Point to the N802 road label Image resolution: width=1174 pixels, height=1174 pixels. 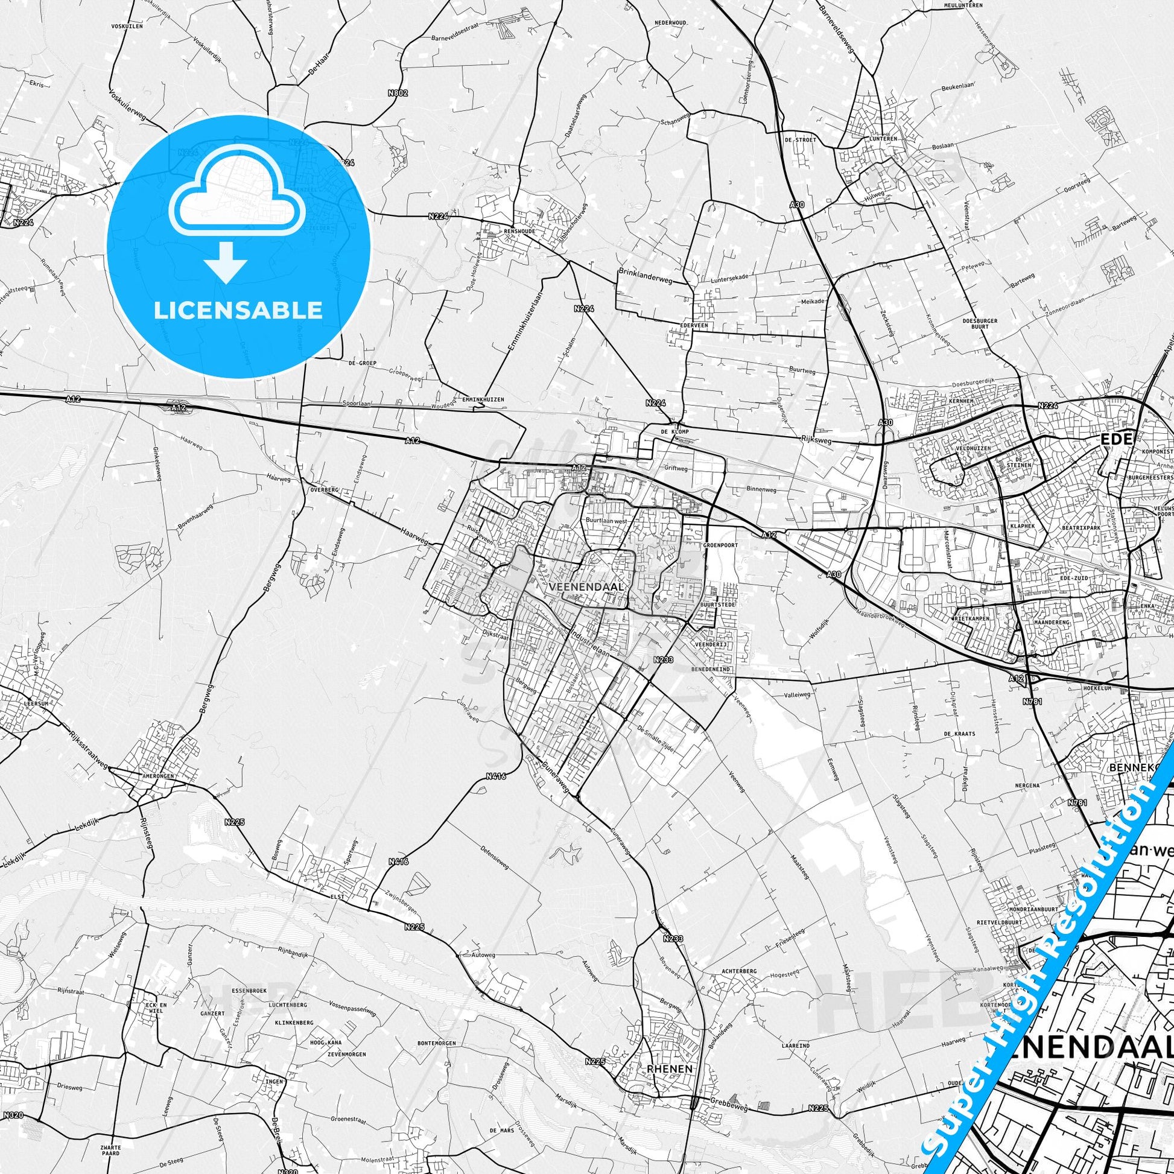pos(400,93)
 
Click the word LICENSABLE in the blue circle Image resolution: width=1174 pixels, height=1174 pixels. pos(238,311)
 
